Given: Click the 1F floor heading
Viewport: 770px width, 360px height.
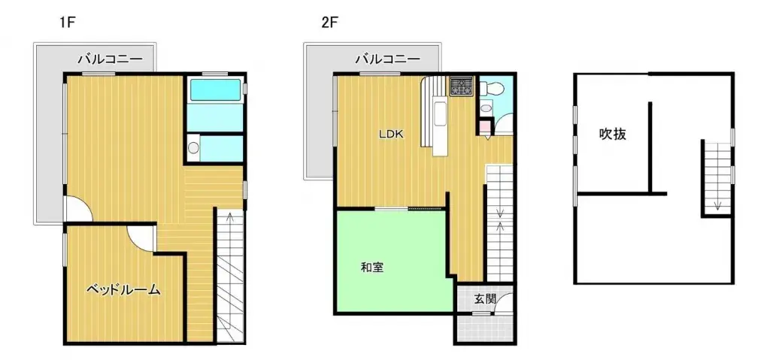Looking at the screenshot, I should pos(68,23).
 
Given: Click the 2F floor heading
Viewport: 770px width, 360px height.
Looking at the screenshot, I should pos(329,23).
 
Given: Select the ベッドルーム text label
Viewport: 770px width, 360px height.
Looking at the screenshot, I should pos(123,289).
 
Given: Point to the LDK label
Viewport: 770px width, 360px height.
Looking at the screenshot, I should pos(391,135).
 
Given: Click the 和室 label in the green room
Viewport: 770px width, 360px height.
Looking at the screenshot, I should pos(372,267).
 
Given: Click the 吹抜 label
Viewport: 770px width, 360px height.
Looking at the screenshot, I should pos(613,135).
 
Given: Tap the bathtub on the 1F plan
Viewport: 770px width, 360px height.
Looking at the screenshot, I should pos(214,91).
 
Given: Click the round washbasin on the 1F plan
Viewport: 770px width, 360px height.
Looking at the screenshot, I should pos(194,148).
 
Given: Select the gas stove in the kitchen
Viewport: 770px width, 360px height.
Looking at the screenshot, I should pos(460,86).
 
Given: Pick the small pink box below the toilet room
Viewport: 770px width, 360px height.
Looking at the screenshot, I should pos(485,126).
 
